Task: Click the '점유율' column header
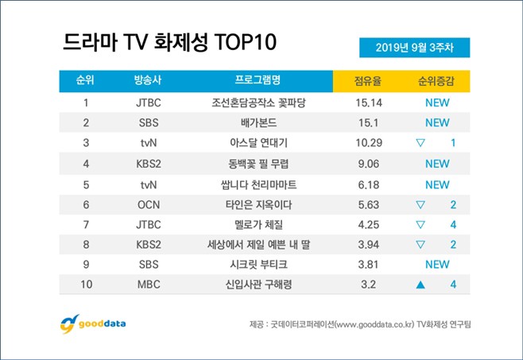(x=371, y=81)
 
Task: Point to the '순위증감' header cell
(x=437, y=81)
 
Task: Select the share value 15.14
(x=371, y=103)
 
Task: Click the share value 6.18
(x=371, y=184)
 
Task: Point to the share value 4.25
(x=371, y=224)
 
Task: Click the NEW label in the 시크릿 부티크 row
(x=437, y=265)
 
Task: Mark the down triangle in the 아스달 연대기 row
(x=422, y=143)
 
